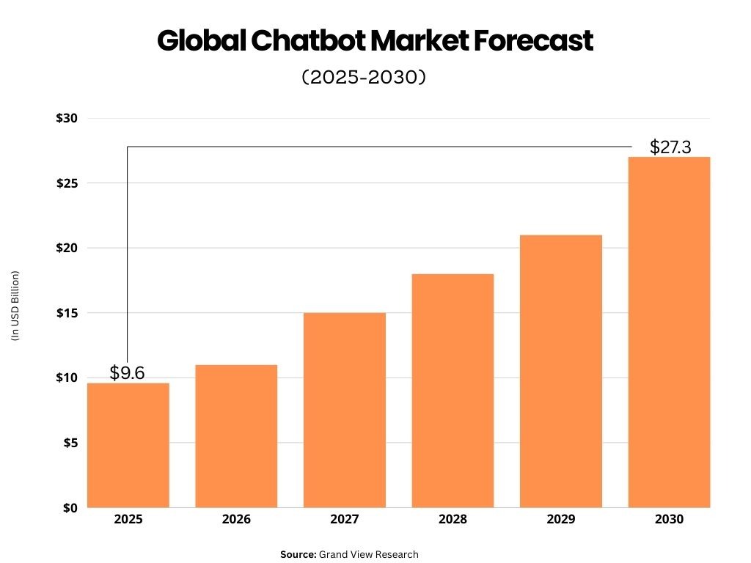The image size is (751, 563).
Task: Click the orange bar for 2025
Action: point(128,445)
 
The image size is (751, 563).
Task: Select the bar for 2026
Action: point(236,436)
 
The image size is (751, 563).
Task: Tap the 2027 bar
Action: point(345,410)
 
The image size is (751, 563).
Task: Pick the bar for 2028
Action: point(453,390)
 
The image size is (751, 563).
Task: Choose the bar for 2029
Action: point(561,371)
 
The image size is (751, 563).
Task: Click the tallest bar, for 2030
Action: point(669,331)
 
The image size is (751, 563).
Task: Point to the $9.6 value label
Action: point(128,372)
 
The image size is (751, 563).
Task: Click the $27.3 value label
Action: point(670,147)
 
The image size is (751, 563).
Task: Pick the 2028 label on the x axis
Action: point(453,520)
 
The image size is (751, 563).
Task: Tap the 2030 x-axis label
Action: point(669,520)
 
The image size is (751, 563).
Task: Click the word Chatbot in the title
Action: point(307,41)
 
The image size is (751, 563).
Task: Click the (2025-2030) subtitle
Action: point(364,77)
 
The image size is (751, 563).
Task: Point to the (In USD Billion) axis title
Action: point(15,306)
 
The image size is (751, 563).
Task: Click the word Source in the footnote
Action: point(297,554)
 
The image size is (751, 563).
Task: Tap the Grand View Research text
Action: point(369,554)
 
